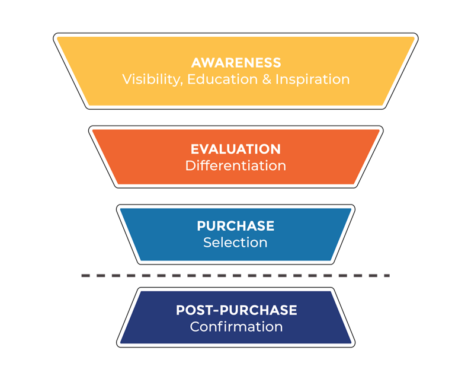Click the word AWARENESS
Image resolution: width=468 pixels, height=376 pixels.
(236, 63)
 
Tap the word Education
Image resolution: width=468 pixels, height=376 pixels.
(222, 79)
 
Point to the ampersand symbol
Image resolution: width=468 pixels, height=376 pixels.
(267, 79)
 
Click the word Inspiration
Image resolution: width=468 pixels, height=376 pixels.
(313, 80)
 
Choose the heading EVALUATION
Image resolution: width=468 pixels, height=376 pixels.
(236, 149)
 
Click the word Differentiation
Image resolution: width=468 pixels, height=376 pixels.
(236, 165)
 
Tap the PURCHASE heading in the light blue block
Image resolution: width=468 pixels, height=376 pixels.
(236, 226)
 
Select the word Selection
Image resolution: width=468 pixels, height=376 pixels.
(236, 243)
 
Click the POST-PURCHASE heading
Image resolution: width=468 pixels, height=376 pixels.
(236, 310)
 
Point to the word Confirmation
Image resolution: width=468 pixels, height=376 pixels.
(236, 327)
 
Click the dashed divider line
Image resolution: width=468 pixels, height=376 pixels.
(236, 275)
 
